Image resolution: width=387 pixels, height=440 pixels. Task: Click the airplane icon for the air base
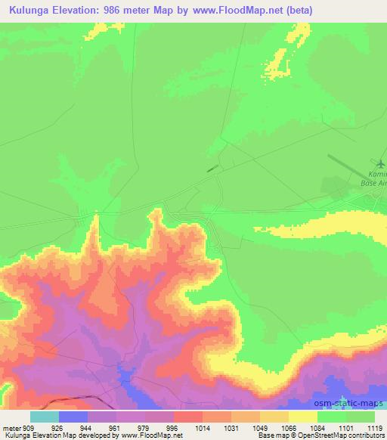click(380, 163)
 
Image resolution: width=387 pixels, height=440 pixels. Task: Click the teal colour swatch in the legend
click(44, 417)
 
